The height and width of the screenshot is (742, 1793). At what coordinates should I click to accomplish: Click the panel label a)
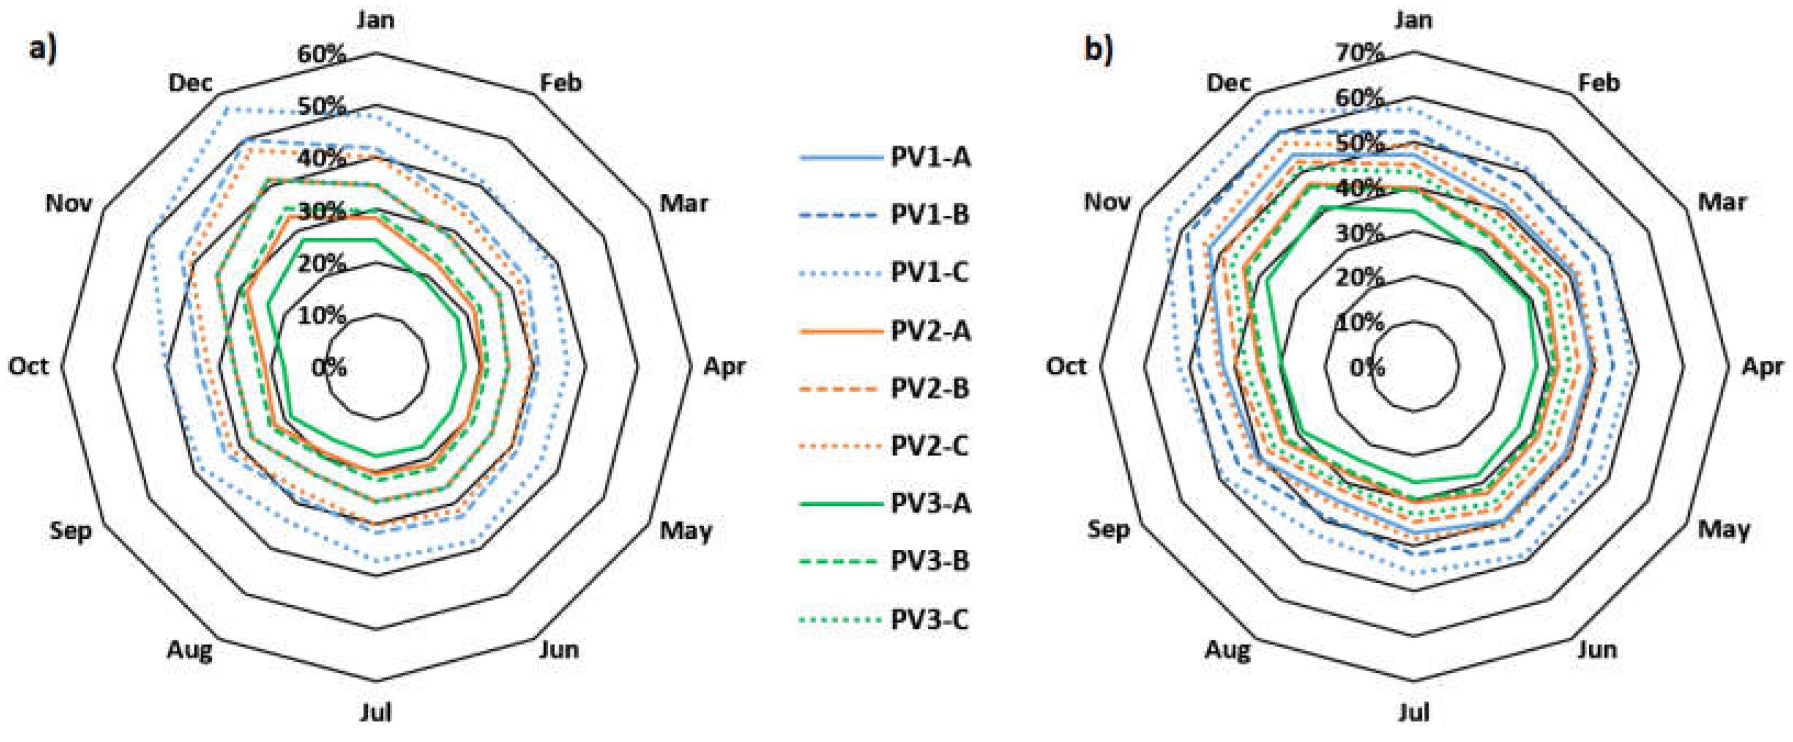point(43,49)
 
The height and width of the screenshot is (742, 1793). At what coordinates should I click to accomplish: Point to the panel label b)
point(1099,49)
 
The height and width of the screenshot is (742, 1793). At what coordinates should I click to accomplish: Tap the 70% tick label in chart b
point(1359,52)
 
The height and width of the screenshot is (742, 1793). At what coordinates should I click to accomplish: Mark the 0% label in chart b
point(1367,367)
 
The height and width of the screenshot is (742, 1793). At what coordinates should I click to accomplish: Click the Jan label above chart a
point(376,19)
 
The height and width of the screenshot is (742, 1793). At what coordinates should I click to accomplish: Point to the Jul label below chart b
point(1414,712)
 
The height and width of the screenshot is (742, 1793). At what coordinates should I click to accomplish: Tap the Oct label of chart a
point(29,366)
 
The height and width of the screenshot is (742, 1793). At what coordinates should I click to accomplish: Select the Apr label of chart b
point(1762,366)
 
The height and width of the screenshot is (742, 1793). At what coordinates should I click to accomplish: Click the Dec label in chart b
point(1229,83)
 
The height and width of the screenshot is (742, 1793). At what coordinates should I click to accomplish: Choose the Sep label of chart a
point(70,531)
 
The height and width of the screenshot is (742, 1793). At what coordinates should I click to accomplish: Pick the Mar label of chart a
point(683,203)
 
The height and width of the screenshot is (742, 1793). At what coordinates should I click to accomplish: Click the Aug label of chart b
point(1228,650)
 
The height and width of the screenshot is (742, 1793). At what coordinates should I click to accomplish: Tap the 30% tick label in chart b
point(1359,233)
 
